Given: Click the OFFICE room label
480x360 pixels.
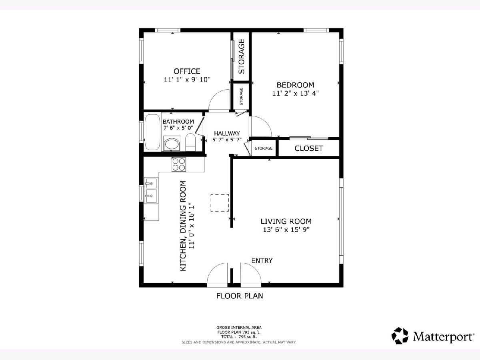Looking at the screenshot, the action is point(187,71).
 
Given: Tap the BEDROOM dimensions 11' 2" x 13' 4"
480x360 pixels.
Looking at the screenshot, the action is point(296,93).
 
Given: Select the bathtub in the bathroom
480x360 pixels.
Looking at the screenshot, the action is point(153,132).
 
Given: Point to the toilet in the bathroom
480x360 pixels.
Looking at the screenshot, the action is point(190,142).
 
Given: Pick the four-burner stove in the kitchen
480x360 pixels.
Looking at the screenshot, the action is point(179,164).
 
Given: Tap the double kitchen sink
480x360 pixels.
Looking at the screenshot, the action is point(151,190).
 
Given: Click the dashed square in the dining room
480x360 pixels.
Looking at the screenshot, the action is point(220,203).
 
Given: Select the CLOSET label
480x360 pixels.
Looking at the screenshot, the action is point(308,148).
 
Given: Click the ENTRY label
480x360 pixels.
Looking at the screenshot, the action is point(262,260).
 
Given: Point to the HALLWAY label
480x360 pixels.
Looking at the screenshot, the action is point(227,133).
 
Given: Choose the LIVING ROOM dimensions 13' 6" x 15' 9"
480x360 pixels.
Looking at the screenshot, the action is point(286,230).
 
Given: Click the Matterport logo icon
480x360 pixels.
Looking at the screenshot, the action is point(400,336).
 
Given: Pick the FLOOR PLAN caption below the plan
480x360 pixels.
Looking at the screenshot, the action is point(240,296).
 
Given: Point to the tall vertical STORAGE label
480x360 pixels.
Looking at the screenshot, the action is point(241,56).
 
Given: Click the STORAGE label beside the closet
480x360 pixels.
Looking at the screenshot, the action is point(264,148).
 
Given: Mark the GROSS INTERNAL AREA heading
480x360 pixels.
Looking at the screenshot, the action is point(239,328).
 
